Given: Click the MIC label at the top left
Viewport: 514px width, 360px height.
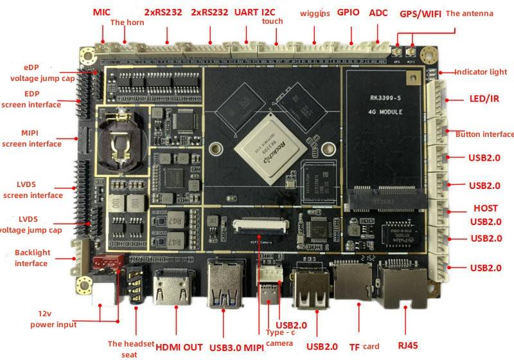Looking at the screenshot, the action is tap(102, 12).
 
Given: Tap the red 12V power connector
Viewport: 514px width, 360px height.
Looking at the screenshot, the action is tap(106, 263).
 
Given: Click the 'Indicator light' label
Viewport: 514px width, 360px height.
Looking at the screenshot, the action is tap(481, 72).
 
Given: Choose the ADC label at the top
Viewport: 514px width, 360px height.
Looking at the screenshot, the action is tap(378, 12).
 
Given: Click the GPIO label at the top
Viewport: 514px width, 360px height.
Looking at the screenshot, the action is tap(348, 12).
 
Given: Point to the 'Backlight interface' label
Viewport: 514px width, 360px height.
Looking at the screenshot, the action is tap(31, 258).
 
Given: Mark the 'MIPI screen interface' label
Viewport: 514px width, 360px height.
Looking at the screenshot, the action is tap(31, 138).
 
